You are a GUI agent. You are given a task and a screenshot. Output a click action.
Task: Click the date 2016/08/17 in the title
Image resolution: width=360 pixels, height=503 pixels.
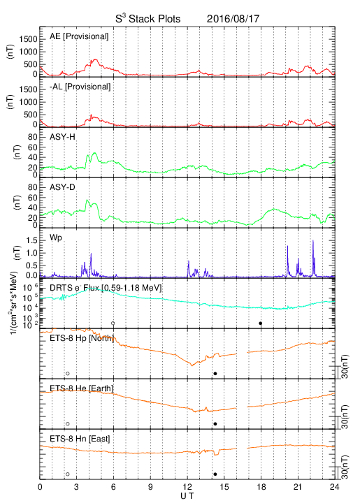coord(233,19)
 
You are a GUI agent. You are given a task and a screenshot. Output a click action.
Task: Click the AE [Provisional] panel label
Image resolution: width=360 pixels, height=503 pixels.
coord(79,36)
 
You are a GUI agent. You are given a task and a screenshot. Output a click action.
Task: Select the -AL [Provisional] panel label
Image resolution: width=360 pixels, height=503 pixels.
coord(80,87)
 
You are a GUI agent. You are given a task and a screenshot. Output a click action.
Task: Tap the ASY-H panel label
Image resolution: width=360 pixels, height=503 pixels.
coord(62,137)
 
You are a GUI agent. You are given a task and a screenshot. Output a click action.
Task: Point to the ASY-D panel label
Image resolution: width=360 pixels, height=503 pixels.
coord(62,187)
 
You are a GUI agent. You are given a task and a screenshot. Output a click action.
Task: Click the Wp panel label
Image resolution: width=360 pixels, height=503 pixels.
coord(55,238)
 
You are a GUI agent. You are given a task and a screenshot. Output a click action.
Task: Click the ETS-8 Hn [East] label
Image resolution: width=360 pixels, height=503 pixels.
coord(80,439)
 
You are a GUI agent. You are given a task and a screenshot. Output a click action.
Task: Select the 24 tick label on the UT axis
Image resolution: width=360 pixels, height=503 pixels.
coord(335,487)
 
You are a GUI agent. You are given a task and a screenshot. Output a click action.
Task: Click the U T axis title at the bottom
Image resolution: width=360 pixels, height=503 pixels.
coord(187,496)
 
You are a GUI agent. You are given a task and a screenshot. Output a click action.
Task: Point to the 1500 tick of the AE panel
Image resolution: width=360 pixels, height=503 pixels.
coord(28,39)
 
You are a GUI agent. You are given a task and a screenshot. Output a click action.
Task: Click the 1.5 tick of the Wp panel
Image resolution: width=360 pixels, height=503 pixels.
coord(31,240)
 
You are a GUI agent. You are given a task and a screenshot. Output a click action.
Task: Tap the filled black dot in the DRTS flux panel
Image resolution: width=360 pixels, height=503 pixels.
coord(261,323)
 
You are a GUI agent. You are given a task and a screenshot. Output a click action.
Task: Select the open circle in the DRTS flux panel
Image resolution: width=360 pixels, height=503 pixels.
coord(113,323)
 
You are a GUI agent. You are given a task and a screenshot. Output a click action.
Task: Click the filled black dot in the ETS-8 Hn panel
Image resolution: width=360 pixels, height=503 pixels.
coord(215,474)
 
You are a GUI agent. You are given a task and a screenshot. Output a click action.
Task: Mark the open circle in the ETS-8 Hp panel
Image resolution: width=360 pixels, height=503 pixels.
coord(68,373)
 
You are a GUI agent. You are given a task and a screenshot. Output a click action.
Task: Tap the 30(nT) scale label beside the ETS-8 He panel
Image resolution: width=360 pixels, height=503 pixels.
coord(345,416)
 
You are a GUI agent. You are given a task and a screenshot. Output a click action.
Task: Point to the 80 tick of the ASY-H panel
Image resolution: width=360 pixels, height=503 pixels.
coord(33,138)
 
